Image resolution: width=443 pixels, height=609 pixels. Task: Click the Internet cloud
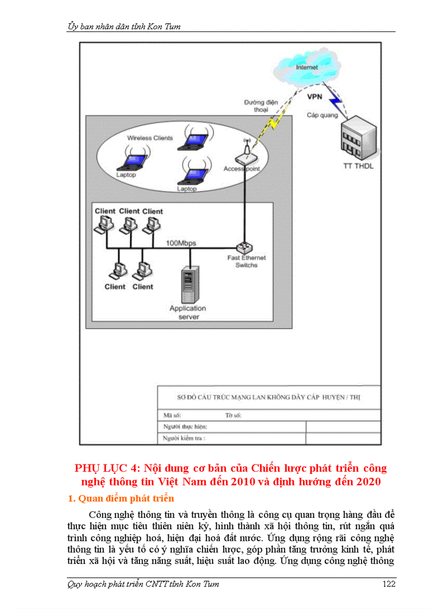[x=307, y=69]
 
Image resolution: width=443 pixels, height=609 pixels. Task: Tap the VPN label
[x=315, y=97]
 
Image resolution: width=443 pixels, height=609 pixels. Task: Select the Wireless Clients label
[x=150, y=138]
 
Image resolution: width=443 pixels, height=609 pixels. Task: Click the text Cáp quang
[x=322, y=115]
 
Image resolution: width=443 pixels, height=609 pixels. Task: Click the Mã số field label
[x=172, y=415]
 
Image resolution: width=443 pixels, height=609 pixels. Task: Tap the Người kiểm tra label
[x=185, y=438]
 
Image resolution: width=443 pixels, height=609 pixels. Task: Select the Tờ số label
[x=233, y=415]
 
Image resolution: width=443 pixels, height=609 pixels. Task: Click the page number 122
[x=389, y=584]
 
